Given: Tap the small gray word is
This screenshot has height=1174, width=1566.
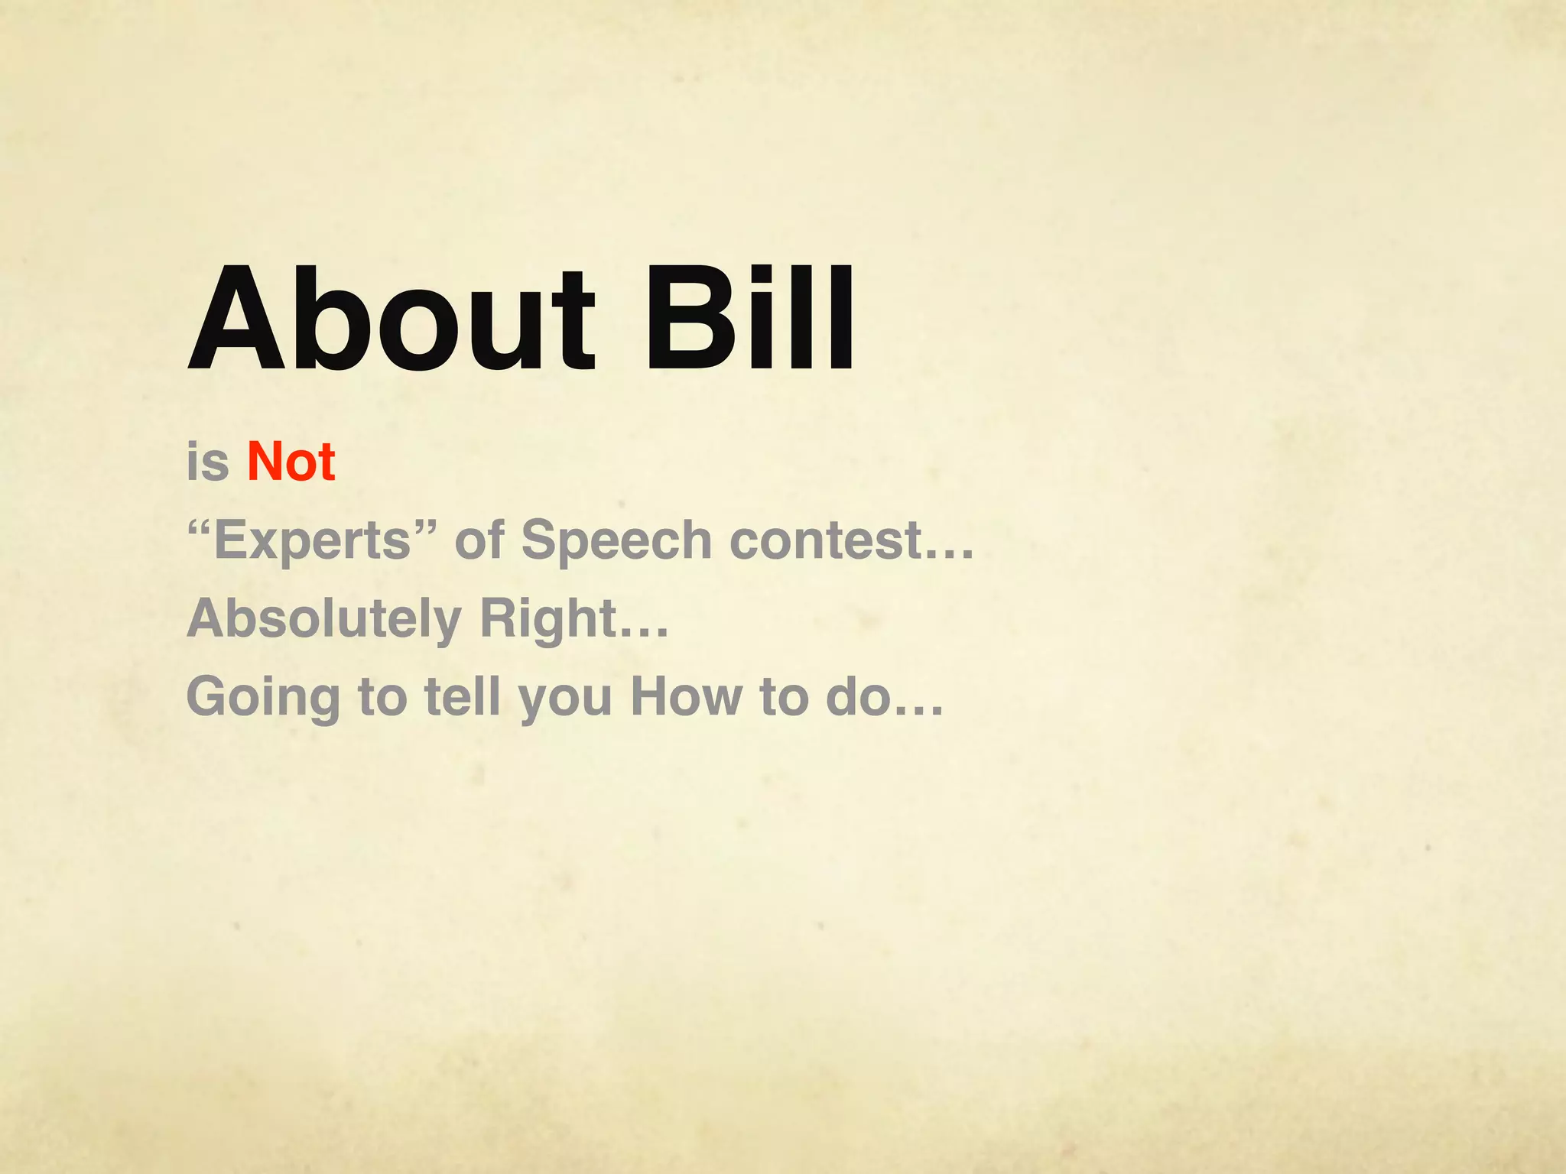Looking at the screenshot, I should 207,462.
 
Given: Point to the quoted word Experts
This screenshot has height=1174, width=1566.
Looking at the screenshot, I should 313,540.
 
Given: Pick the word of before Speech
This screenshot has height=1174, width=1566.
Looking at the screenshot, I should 479,540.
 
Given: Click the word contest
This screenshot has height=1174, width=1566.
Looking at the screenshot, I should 826,540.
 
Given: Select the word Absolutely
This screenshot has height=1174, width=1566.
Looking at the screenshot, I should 324,619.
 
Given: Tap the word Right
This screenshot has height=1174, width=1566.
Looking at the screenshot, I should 547,619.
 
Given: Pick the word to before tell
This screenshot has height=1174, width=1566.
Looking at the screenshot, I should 382,697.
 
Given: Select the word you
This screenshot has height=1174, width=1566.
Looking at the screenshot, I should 566,700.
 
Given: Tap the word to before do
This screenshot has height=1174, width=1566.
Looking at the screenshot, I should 784,697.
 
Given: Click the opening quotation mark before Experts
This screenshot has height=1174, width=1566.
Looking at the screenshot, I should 200,525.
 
